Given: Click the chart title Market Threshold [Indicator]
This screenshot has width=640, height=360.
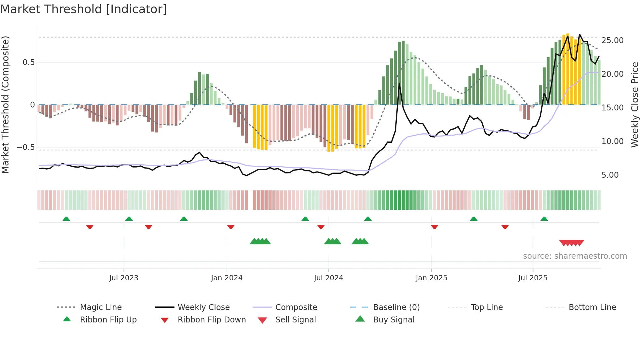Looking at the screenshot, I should [84, 9].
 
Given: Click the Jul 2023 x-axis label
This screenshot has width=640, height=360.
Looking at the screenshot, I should [124, 278].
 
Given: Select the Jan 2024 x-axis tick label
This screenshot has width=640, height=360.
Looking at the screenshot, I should [227, 278].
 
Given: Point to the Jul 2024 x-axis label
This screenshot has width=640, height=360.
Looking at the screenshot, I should [328, 278].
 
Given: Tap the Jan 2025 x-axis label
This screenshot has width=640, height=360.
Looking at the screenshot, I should [431, 278].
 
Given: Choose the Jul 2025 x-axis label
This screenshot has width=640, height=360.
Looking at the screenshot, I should [533, 278].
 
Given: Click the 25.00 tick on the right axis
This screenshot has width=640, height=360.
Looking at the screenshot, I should [612, 41].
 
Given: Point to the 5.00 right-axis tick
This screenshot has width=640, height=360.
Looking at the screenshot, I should [610, 175].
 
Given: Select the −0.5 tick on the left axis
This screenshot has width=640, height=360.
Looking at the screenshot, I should [26, 147].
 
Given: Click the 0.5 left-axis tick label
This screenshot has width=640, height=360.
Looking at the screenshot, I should [28, 62].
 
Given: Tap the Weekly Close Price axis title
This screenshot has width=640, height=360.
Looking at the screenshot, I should [634, 105].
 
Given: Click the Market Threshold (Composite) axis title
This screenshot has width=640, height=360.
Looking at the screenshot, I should [5, 105].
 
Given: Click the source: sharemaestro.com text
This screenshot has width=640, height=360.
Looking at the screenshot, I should [575, 256].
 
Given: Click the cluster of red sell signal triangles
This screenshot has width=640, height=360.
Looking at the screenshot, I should [571, 243].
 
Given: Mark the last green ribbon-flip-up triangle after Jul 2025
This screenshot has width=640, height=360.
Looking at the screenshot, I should [544, 219].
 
